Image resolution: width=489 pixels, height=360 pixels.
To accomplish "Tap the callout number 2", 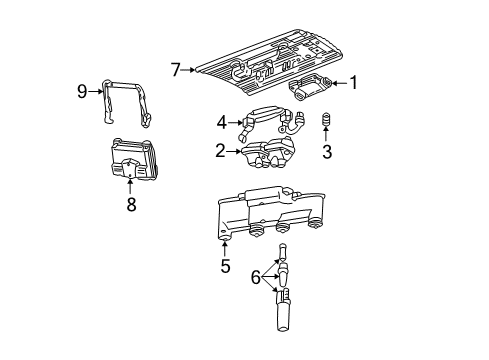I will (x=219, y=152).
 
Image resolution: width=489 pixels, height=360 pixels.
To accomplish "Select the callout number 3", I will (x=326, y=152).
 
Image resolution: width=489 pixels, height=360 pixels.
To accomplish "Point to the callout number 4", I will (x=221, y=124).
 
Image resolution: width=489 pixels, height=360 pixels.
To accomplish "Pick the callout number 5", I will (x=225, y=267).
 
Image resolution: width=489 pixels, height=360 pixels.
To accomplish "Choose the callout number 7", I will (x=175, y=69).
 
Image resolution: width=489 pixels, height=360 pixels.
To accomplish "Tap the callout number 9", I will (x=83, y=91).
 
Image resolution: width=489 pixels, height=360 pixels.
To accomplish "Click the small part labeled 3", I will (x=326, y=122).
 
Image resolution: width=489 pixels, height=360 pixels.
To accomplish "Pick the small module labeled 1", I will (x=312, y=86).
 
